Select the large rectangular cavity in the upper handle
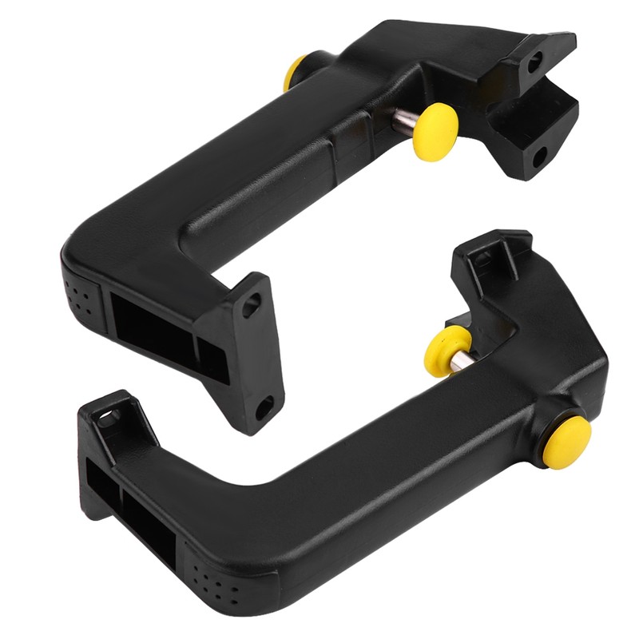151,327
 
